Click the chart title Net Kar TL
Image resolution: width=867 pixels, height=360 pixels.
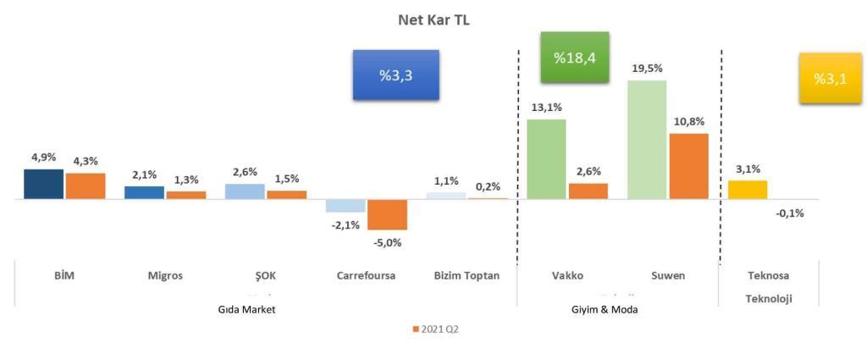(434, 20)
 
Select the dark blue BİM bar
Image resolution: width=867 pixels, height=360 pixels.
(44, 184)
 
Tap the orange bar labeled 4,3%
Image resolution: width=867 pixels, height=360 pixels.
(86, 186)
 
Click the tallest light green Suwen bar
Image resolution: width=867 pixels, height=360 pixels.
(647, 140)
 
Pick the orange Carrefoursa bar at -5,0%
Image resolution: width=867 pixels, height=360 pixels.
(388, 214)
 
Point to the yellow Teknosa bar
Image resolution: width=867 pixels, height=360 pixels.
(748, 190)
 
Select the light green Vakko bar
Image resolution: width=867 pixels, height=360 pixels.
(546, 159)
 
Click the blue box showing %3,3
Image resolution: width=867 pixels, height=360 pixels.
(396, 75)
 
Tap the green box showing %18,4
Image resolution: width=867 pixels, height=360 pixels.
(575, 58)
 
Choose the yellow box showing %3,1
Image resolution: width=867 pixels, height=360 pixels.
(831, 79)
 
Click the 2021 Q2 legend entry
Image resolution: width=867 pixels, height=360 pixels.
(436, 329)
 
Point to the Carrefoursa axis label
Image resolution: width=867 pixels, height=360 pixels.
(366, 276)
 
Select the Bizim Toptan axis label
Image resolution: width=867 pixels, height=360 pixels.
(467, 276)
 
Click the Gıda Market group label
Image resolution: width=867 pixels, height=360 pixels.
(247, 310)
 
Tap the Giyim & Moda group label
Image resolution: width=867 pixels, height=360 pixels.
(605, 310)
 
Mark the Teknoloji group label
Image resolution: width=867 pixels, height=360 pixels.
(769, 299)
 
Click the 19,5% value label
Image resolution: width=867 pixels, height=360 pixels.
(648, 69)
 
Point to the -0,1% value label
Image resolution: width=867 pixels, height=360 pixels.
(789, 213)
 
